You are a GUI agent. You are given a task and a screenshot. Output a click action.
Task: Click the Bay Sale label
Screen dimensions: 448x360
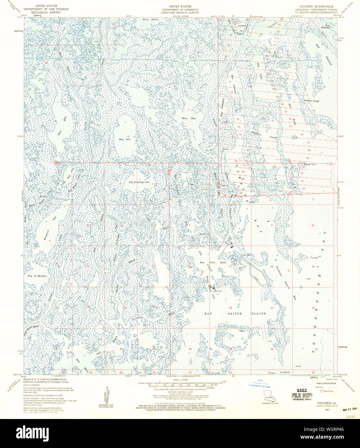122,139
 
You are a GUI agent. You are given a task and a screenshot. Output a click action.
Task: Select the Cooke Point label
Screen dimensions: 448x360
310,164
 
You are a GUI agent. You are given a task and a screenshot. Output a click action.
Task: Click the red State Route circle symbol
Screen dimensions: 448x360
322,391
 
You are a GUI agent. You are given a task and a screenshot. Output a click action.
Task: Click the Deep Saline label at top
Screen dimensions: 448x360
151,20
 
